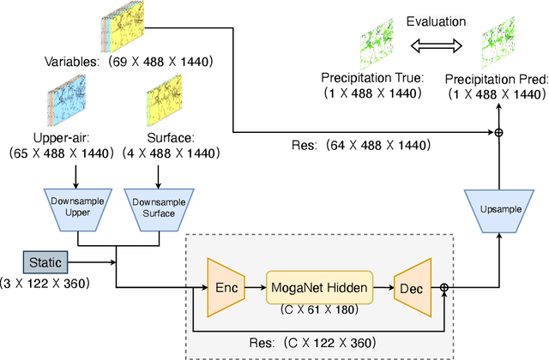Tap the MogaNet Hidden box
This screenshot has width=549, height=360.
click(320, 285)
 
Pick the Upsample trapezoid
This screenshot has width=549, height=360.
click(496, 207)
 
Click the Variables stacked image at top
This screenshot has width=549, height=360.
click(128, 29)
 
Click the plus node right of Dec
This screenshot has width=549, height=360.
click(444, 288)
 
